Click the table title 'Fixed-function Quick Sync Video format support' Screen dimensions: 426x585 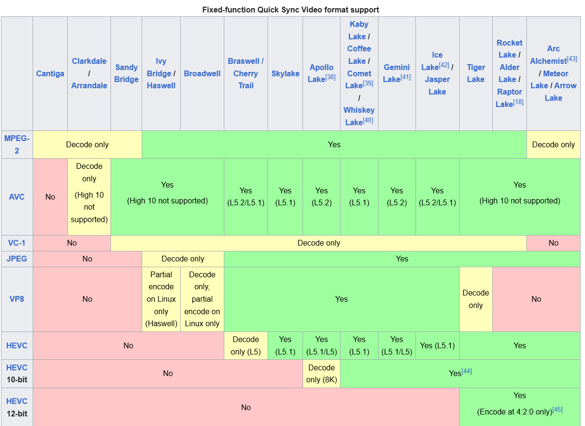[290, 10]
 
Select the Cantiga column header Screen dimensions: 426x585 [50, 73]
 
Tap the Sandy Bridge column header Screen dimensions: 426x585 [126, 73]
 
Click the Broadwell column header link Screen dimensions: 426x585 [202, 73]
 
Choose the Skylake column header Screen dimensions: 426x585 [285, 73]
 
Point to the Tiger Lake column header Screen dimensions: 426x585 [475, 73]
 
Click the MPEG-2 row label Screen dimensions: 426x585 [17, 144]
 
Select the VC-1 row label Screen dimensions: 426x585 [17, 243]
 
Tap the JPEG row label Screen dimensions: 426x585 [17, 259]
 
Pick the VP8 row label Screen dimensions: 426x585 [17, 299]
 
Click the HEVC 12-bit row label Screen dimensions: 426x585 [17, 407]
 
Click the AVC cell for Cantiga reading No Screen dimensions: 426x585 [50, 197]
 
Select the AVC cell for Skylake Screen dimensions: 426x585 [285, 197]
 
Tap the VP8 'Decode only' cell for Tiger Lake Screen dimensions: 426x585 [475, 299]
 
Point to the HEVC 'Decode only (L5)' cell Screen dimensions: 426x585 [245, 345]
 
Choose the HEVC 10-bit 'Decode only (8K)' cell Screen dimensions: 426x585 [321, 374]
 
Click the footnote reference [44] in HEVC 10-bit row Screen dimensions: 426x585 [467, 371]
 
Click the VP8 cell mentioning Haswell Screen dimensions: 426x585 [161, 299]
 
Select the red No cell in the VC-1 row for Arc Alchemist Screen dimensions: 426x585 [553, 243]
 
